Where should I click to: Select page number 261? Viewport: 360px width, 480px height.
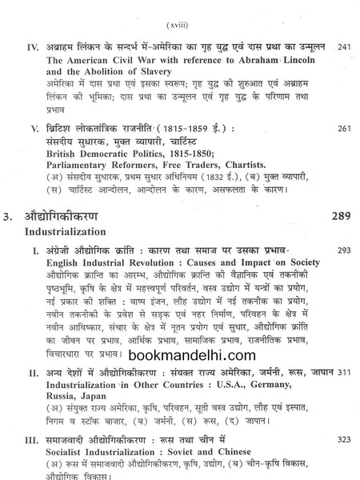pos(344,129)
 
